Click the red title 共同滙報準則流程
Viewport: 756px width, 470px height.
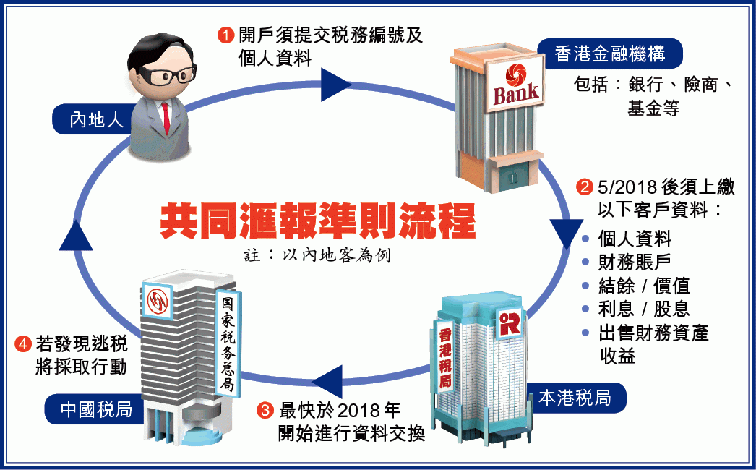click(x=317, y=221)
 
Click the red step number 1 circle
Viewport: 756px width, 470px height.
click(x=225, y=34)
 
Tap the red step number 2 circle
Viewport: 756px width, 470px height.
click(x=583, y=187)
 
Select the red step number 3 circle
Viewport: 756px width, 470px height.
click(x=266, y=411)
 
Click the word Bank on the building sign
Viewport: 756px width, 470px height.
click(x=515, y=93)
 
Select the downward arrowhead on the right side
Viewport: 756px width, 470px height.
click(x=567, y=234)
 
